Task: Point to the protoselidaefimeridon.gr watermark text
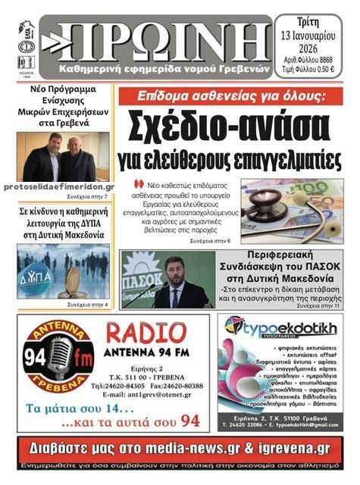tap(59, 186)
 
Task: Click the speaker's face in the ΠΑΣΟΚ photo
tap(179, 269)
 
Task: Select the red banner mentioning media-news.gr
tap(179, 450)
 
